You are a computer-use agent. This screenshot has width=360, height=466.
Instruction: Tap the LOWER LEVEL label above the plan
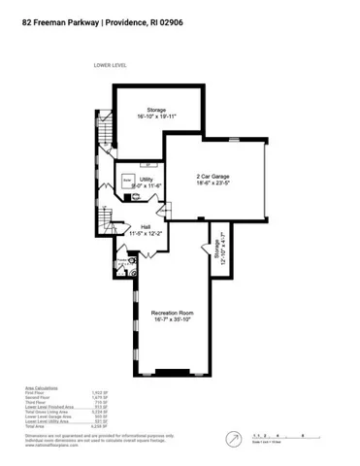[x=111, y=65]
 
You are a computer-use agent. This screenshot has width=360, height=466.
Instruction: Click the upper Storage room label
[x=156, y=110]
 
